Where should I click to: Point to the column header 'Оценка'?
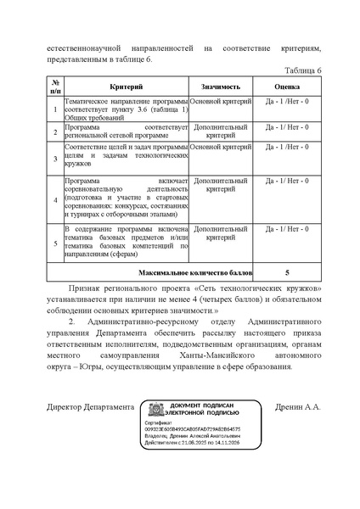(x=287, y=87)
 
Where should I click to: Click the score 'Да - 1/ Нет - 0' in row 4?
(x=287, y=181)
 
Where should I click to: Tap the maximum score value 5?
(x=287, y=273)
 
